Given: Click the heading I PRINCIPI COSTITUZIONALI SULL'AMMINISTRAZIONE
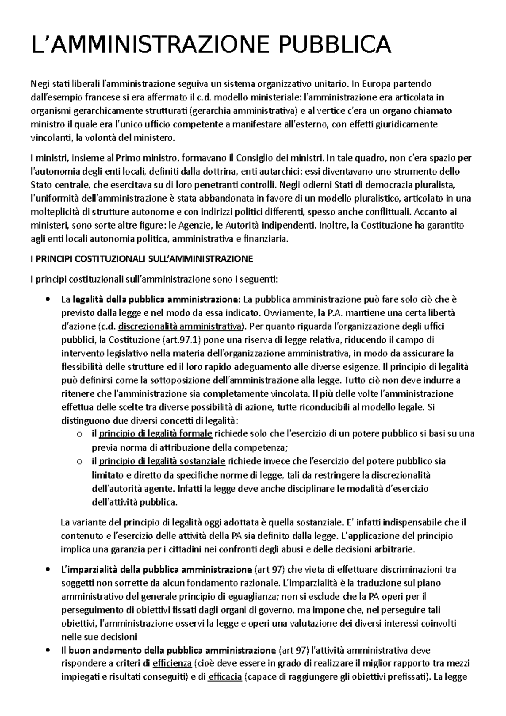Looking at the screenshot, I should (142, 259).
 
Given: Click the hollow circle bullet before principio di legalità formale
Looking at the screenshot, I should (79, 434).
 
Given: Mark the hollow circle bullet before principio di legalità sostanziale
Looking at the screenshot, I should (79, 461).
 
